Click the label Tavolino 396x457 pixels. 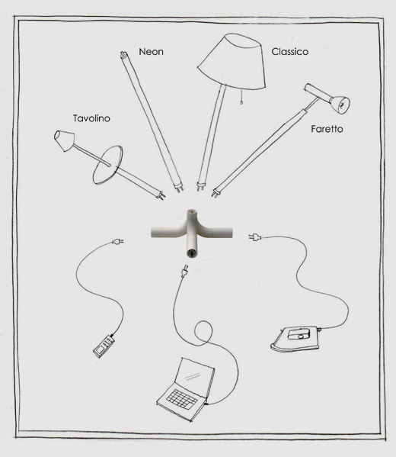(x=91, y=118)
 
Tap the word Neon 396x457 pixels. (x=151, y=52)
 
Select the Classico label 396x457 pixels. (x=290, y=52)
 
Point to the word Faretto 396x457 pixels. (x=327, y=129)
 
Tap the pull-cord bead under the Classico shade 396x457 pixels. (x=241, y=102)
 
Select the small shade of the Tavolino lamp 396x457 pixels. (x=64, y=140)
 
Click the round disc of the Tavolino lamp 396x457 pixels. (x=107, y=165)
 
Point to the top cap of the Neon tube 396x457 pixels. (x=123, y=54)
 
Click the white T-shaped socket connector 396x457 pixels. (x=191, y=233)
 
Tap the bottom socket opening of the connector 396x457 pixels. (x=191, y=253)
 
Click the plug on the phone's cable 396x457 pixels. (x=118, y=241)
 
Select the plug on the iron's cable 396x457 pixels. (x=255, y=237)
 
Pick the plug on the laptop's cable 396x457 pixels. (x=184, y=271)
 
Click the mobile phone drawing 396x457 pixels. (x=104, y=346)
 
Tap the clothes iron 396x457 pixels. (x=295, y=338)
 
